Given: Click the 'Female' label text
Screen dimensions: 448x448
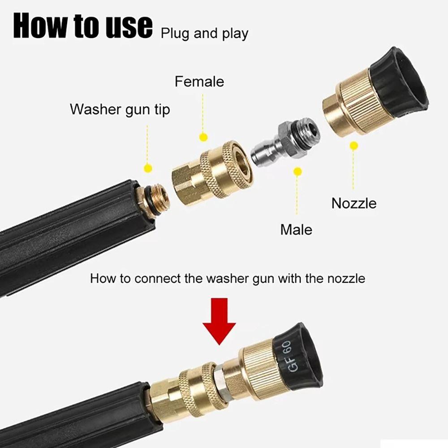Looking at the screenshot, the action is coord(199,82).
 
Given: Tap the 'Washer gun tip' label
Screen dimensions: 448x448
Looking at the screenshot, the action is coord(120,109).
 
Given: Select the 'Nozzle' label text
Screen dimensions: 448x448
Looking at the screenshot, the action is coord(354,203).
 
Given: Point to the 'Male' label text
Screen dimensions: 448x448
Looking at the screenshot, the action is coord(296,229).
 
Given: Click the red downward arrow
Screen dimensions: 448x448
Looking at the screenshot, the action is coord(219,321).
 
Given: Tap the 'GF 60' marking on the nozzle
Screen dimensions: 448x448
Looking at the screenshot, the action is coord(293,356).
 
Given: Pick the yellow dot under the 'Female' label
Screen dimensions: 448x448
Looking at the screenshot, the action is coord(203,137).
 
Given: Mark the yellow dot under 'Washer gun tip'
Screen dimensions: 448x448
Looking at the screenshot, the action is coord(148,168).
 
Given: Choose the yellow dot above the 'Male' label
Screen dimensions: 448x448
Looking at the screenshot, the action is coord(297,172).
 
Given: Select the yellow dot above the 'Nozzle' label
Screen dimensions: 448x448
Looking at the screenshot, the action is coord(354,146).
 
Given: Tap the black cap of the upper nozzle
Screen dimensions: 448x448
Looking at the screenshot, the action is coord(399,83).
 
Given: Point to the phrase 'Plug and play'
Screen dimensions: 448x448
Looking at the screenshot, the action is coord(204,34).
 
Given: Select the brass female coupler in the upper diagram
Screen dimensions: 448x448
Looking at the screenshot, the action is coord(212,172).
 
